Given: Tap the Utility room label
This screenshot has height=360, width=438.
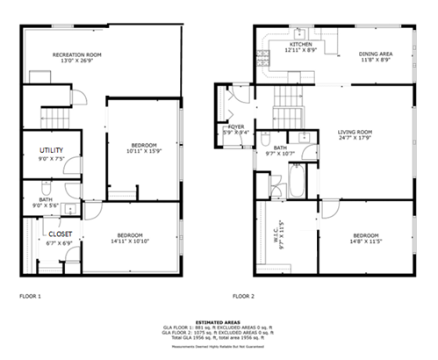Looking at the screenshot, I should point(52,150).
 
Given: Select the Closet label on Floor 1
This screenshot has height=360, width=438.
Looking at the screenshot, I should point(60,234).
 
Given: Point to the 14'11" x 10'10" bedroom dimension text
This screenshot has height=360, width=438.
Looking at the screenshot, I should point(130,241).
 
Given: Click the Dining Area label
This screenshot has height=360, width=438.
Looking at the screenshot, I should point(375,55).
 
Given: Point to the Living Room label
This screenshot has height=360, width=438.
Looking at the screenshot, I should point(355,133).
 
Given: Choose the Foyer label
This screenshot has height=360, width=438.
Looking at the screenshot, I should point(236,127).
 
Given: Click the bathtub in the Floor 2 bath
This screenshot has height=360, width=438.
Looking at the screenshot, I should point(297,182).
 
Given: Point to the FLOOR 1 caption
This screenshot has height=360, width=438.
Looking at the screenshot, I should point(31,297).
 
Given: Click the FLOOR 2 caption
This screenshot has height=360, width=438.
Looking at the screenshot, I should point(243,297).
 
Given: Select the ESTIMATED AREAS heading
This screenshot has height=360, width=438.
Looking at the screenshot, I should point(219,323).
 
